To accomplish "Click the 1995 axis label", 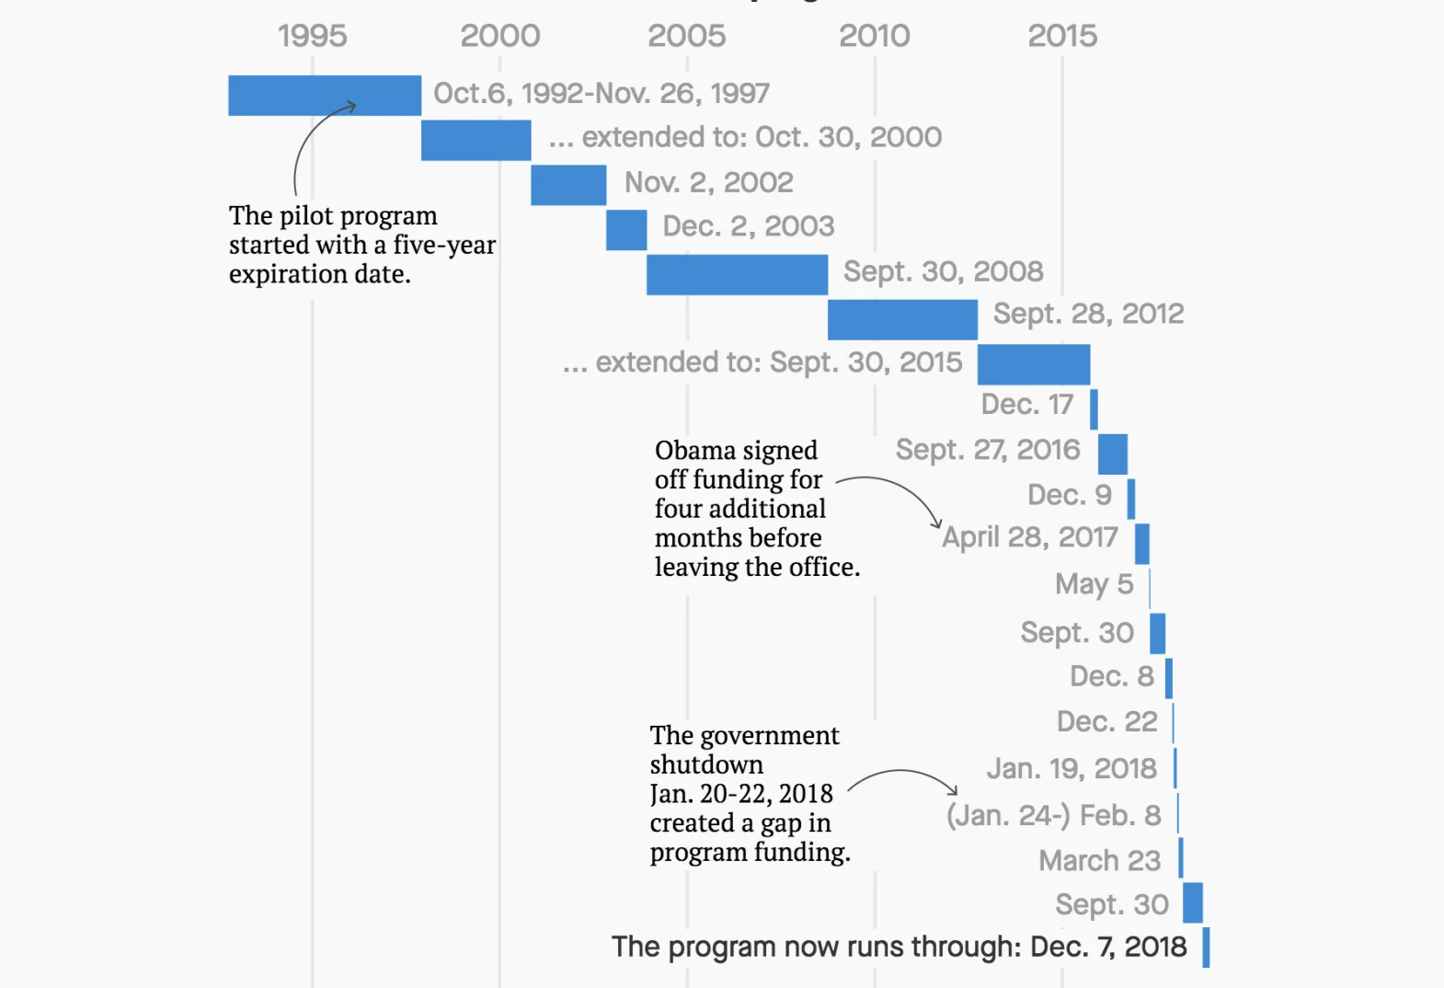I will tap(312, 36).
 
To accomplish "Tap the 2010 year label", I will tap(874, 36).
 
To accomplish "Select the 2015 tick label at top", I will tap(1061, 36).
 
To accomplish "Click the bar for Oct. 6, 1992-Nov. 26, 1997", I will tap(324, 96).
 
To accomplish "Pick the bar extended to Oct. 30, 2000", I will tap(476, 140).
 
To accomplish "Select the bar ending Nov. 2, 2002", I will tap(568, 185).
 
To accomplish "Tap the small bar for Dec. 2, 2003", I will tap(626, 230).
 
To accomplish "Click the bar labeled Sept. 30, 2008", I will tap(737, 275).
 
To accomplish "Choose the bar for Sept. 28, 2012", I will tap(902, 320).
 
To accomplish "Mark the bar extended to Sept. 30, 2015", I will tap(1034, 364).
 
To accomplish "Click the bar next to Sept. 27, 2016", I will tap(1113, 454).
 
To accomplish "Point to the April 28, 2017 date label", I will tap(1030, 537).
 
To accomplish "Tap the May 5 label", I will tap(1094, 584).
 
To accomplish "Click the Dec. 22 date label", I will tap(1106, 721).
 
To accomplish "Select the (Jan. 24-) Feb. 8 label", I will tap(1053, 815).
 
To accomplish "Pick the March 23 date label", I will tap(1099, 860).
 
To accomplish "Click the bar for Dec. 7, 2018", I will tap(1206, 948).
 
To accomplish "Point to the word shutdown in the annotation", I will tap(706, 764).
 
